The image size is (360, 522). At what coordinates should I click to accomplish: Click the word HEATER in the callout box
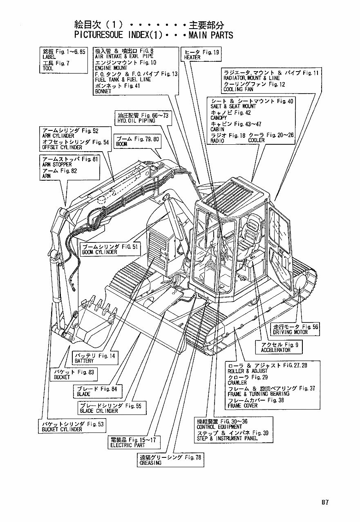192,58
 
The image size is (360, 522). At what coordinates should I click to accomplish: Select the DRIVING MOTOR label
290,332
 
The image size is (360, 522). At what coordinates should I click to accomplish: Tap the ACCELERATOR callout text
275,350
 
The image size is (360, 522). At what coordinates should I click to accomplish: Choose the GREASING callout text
150,463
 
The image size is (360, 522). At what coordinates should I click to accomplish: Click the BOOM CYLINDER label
100,252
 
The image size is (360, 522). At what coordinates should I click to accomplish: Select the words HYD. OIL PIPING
136,121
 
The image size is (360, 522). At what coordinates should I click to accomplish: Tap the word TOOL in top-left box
48,69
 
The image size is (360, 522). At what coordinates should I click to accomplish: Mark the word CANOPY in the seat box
219,118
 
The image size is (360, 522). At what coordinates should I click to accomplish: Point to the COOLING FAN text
238,90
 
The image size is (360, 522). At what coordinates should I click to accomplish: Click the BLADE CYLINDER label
98,411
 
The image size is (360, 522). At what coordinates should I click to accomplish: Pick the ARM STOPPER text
57,164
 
